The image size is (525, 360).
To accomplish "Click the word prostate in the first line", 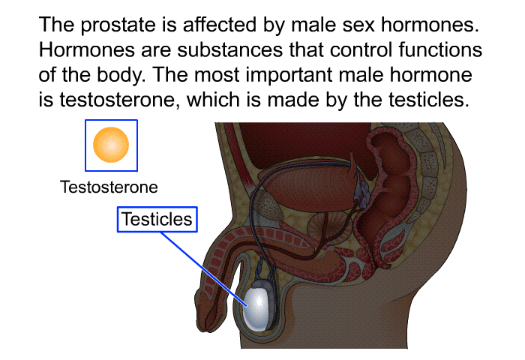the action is pos(118,25).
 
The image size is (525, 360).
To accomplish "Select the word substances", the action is pos(230,50).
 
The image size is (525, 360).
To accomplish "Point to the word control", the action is pos(361,50).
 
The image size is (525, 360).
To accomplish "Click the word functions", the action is pos(440,50).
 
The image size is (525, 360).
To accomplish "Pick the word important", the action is pos(289,75).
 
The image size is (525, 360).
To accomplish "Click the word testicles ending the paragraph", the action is pos(428,100).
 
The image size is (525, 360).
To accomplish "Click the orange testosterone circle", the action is pos(111,145).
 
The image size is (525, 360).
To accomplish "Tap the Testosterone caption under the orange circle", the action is pos(109,187).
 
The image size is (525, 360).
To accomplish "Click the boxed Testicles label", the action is pos(157,219).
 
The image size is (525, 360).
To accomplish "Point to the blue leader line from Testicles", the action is pos(204,269).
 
